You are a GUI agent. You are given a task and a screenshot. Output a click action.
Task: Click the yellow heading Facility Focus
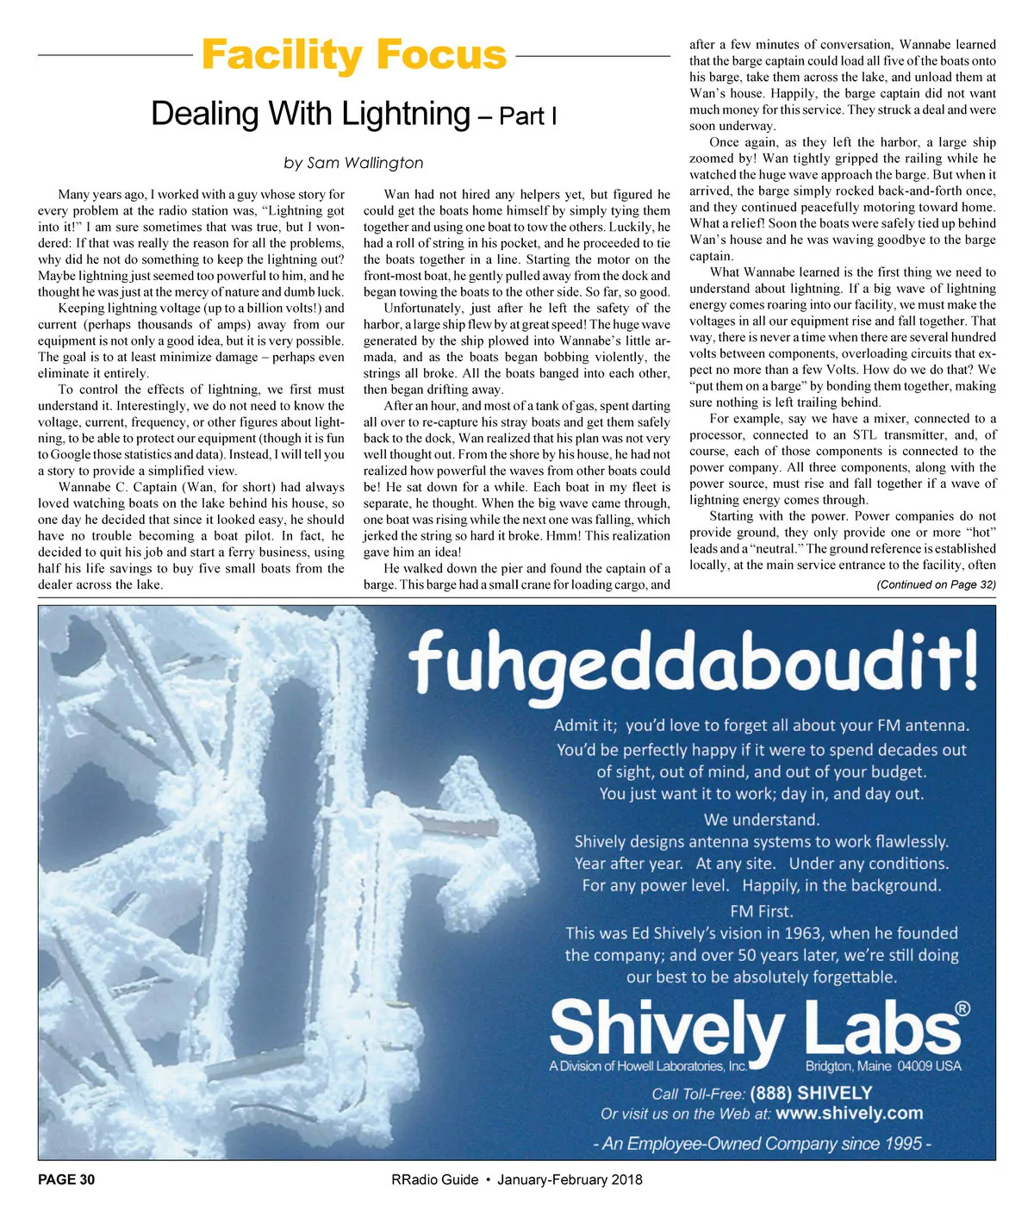(x=353, y=55)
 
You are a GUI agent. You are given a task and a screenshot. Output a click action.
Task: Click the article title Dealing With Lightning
(x=310, y=114)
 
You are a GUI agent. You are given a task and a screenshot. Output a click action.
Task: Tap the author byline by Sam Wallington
(x=353, y=163)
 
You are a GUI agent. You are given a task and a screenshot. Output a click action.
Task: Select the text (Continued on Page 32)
(x=936, y=584)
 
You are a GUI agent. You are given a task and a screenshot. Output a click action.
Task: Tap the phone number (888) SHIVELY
(x=811, y=1093)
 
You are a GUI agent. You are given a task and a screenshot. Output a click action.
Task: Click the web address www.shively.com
(x=849, y=1114)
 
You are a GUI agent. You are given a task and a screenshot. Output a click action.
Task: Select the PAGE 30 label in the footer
(x=66, y=1180)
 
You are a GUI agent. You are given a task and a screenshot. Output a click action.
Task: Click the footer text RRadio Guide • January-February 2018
(x=516, y=1180)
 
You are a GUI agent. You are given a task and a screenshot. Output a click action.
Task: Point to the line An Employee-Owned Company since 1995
(x=762, y=1144)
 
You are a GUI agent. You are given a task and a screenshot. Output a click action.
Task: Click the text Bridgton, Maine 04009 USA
(x=883, y=1066)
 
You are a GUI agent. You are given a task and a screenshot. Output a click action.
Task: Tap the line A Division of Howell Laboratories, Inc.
(x=648, y=1066)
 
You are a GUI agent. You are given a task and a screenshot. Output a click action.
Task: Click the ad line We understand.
(x=762, y=819)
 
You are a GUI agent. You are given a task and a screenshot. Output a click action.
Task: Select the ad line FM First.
(x=762, y=910)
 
